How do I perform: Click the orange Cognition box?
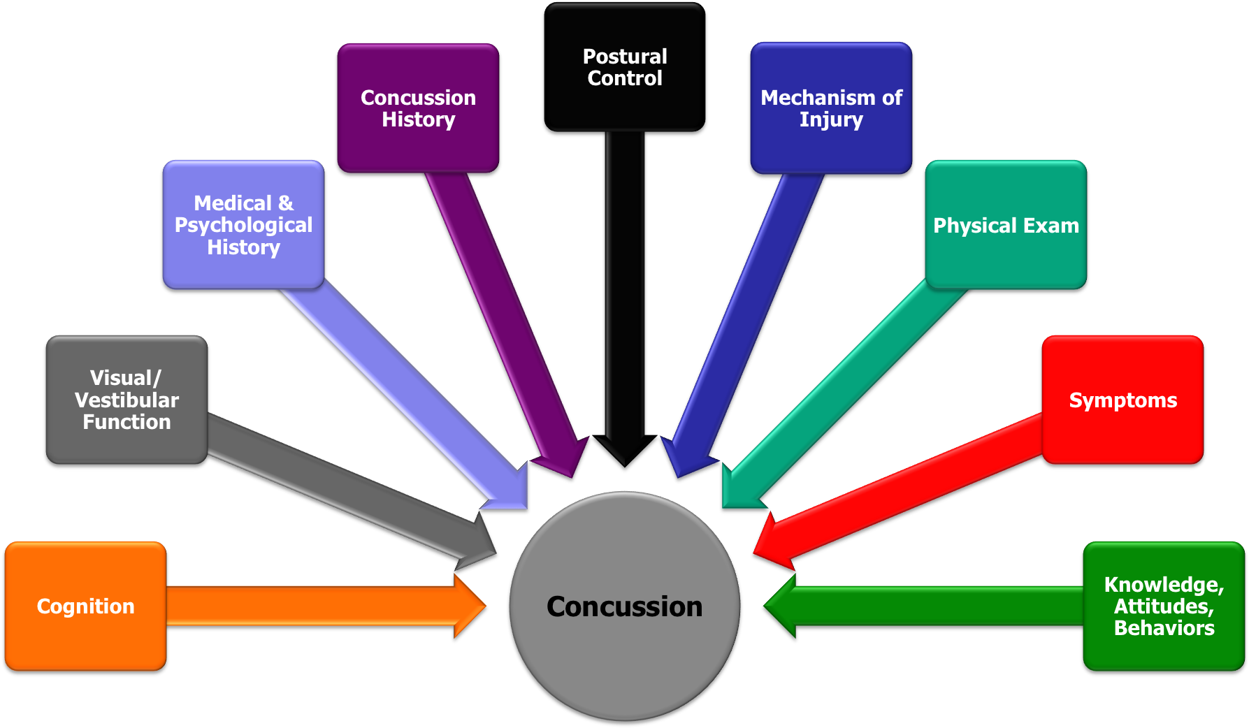85,606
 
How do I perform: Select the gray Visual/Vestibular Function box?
127,400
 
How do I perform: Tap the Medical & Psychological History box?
243,225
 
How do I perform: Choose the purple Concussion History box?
418,108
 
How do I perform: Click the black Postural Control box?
625,67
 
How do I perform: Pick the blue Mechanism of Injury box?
831,108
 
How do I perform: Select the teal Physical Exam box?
1006,225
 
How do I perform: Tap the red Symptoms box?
1122,400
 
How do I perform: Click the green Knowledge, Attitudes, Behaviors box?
1164,606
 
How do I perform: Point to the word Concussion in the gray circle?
624,606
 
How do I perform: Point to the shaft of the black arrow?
625,279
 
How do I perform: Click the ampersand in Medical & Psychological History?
285,203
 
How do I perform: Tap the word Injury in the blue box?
831,119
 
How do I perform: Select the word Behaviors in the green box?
1164,628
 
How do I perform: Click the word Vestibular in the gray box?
127,400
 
